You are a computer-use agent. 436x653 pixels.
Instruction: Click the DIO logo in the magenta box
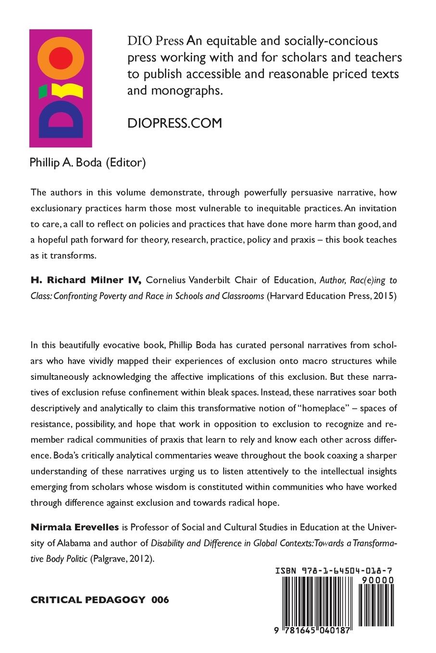[x=61, y=88]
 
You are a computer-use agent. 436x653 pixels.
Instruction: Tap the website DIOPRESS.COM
[x=174, y=123]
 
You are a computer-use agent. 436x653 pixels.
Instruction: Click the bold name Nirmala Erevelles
[x=75, y=527]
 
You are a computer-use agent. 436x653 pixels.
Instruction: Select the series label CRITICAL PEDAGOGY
[x=88, y=600]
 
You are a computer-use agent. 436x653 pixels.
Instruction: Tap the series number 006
[x=160, y=600]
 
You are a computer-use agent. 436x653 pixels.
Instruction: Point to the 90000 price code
[x=376, y=580]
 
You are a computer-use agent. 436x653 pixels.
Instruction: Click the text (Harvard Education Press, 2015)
[x=331, y=296]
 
